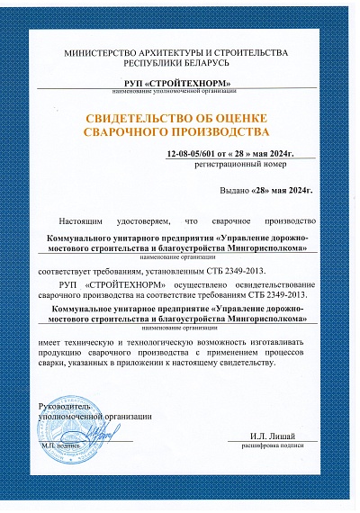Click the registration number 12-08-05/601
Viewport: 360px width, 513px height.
click(x=193, y=155)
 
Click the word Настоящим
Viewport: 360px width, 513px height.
click(x=81, y=220)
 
